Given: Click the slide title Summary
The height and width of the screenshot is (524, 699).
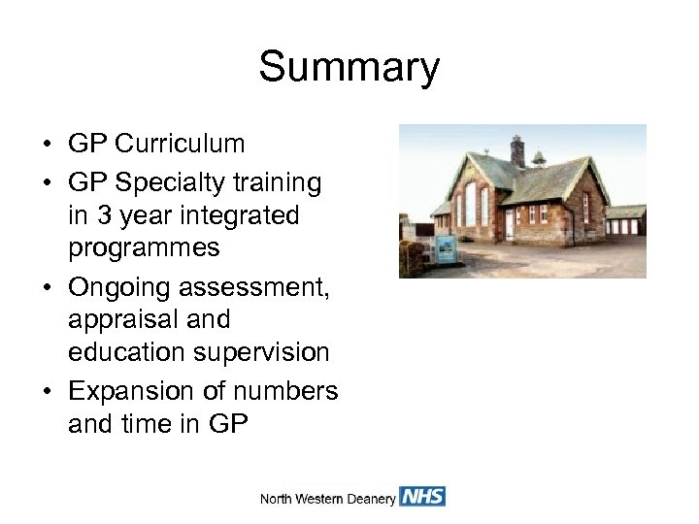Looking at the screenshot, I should click(349, 68).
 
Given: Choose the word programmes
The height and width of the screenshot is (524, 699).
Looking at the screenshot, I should click(144, 248).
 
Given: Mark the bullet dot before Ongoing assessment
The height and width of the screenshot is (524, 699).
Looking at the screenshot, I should click(47, 285).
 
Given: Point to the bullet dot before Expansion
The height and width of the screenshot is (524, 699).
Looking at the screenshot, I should click(47, 390).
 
